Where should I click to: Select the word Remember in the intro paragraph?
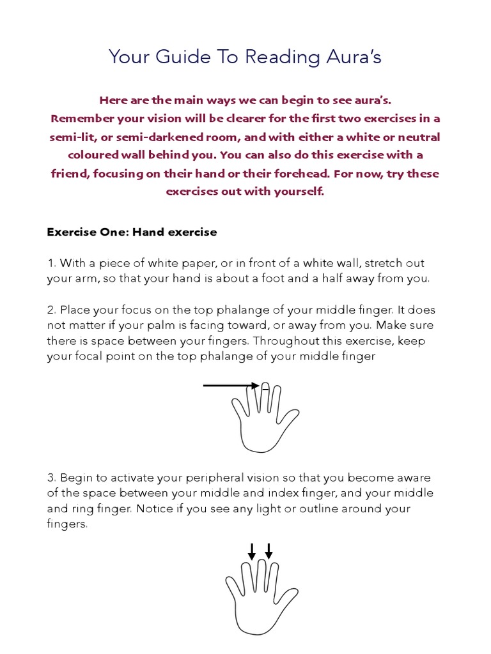[82, 119]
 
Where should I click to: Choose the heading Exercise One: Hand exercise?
[132, 232]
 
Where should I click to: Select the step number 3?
[51, 478]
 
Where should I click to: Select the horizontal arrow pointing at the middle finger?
[230, 386]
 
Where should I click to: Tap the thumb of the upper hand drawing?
[291, 422]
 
